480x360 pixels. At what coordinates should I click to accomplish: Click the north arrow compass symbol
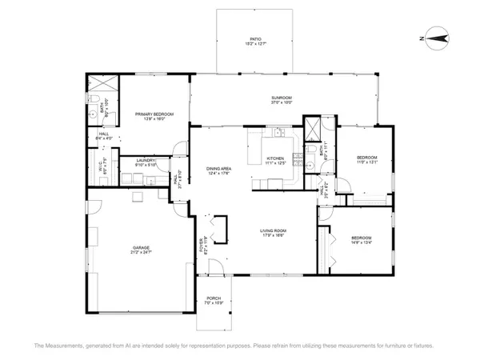coord(437,35)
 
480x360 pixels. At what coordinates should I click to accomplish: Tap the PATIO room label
coord(255,41)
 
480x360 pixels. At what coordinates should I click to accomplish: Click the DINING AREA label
coord(219,170)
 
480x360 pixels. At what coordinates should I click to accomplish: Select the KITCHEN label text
coord(275,160)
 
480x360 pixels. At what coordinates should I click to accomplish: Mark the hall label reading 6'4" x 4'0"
coord(103,137)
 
